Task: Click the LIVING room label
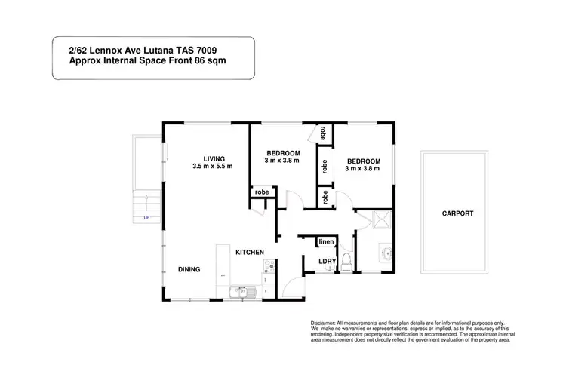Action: (x=203, y=158)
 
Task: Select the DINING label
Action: (x=189, y=269)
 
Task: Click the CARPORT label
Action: (x=458, y=213)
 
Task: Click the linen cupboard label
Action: (x=326, y=241)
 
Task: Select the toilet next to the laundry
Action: (x=346, y=261)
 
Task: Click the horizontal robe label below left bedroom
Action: (x=262, y=192)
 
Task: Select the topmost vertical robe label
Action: (x=323, y=133)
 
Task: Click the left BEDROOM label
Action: (x=283, y=153)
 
